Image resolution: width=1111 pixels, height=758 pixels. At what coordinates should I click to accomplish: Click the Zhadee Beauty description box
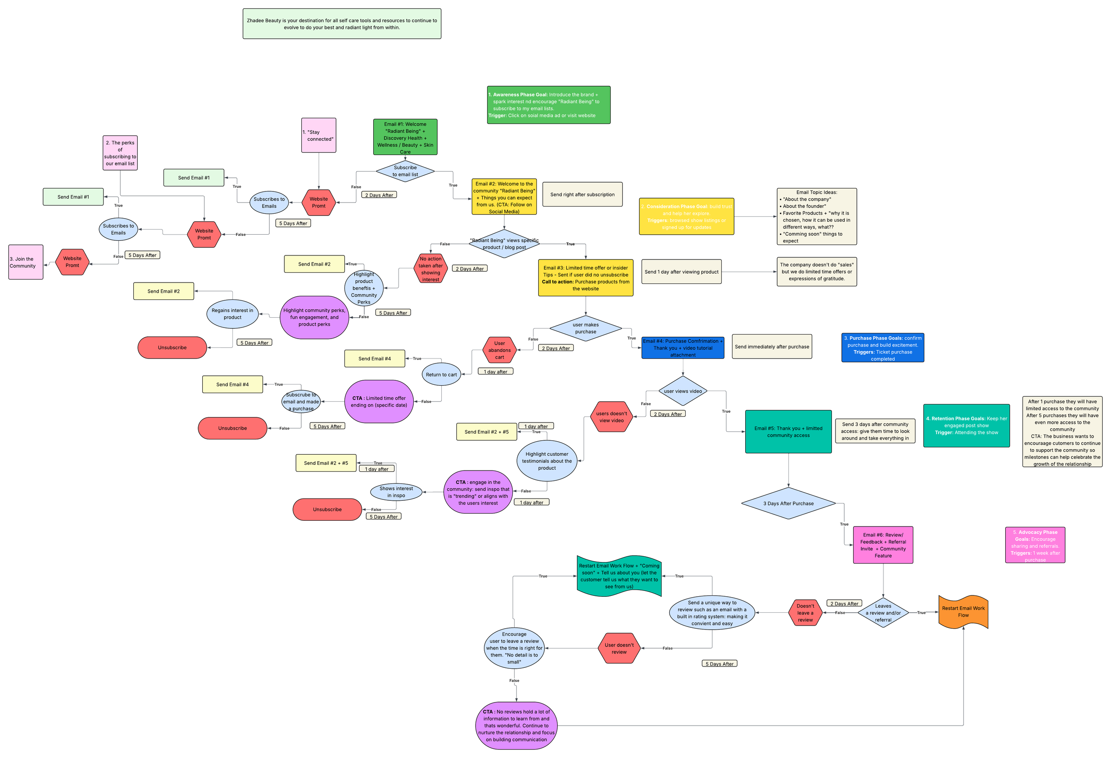pos(341,24)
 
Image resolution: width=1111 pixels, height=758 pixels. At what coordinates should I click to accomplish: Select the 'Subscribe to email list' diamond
pos(405,171)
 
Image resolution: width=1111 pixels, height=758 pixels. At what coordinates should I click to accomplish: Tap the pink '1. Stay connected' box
pos(318,135)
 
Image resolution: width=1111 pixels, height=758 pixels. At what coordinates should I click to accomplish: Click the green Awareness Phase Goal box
pos(548,105)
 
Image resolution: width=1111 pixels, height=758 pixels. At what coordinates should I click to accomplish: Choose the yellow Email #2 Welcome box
pos(504,197)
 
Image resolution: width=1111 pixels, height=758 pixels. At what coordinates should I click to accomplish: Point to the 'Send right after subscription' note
pos(582,195)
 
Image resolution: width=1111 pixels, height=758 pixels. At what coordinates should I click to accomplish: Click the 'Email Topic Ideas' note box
pos(816,216)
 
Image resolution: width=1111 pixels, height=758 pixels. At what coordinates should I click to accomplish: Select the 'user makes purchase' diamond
pos(585,328)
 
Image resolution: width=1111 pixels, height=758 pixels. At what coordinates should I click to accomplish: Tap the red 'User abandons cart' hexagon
pos(499,350)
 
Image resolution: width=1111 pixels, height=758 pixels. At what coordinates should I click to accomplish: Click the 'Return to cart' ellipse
pos(441,375)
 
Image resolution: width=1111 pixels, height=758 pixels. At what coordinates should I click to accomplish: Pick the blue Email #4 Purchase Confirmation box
pos(682,348)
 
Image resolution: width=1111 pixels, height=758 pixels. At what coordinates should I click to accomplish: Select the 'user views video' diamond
pos(682,391)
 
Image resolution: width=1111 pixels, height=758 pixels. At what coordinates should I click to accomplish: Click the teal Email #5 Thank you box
pos(788,431)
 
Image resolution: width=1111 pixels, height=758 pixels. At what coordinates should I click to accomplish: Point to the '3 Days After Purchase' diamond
pos(788,503)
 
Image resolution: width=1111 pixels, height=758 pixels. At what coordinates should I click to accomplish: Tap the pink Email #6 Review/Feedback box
pos(883,545)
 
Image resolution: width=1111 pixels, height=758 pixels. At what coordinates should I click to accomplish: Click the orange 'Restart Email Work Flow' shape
pos(963,612)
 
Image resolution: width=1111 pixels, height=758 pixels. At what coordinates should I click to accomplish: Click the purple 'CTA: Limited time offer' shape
pos(379,402)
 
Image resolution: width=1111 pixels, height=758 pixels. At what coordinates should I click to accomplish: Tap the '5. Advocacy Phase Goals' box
pos(1035,545)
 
